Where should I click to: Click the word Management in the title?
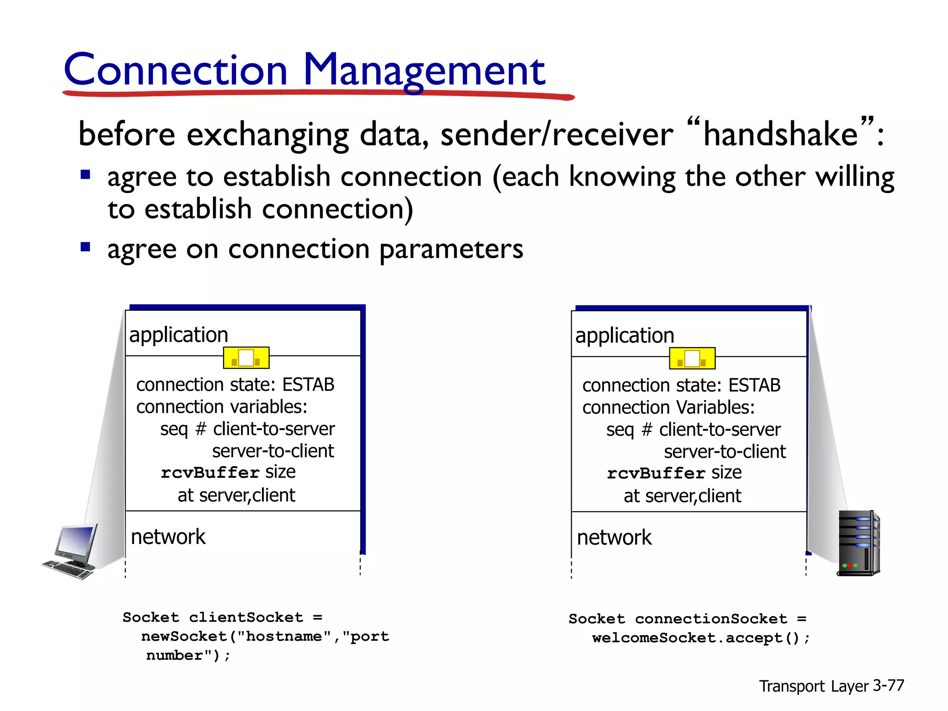pyautogui.click(x=424, y=70)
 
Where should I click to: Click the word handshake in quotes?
pyautogui.click(x=780, y=134)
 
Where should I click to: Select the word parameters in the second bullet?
pyautogui.click(x=451, y=249)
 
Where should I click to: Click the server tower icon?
pyautogui.click(x=858, y=543)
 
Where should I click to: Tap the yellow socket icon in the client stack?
pyautogui.click(x=246, y=358)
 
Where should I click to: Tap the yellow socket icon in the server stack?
pyautogui.click(x=692, y=359)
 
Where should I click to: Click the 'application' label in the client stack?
pyautogui.click(x=179, y=335)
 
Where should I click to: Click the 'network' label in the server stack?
pyautogui.click(x=614, y=537)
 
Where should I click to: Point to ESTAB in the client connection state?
pyautogui.click(x=308, y=385)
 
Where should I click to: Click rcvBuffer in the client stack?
pyautogui.click(x=210, y=473)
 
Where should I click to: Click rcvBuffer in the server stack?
pyautogui.click(x=656, y=474)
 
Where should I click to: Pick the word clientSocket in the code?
pyautogui.click(x=246, y=617)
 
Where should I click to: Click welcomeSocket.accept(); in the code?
pyautogui.click(x=701, y=638)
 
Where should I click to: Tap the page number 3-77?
pyautogui.click(x=888, y=685)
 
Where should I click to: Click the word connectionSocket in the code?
pyautogui.click(x=711, y=619)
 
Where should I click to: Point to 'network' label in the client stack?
pyautogui.click(x=168, y=537)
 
